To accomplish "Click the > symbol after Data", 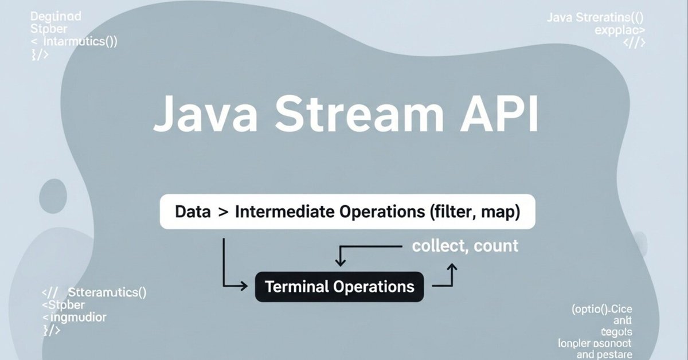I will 222,213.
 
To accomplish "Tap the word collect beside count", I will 437,246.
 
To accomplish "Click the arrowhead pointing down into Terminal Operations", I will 340,263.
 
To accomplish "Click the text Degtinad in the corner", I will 56,16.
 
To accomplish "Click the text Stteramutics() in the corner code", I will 107,293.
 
